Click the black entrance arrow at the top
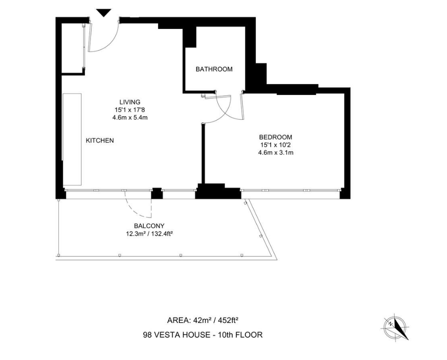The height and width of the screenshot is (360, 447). click(104, 13)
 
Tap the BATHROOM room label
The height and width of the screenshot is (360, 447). click(214, 69)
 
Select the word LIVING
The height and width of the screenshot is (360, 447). click(130, 102)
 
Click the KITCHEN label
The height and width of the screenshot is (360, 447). click(100, 141)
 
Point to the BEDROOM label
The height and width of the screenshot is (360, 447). click(275, 137)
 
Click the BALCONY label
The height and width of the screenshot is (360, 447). click(149, 226)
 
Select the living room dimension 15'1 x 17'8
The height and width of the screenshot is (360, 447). click(130, 109)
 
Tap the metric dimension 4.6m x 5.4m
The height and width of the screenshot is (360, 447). click(130, 117)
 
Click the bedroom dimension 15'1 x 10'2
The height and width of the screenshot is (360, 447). click(275, 145)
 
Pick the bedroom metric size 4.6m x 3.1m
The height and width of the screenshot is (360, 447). click(275, 152)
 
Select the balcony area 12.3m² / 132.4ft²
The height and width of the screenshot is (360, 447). click(149, 234)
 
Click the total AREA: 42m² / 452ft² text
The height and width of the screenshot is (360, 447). click(202, 321)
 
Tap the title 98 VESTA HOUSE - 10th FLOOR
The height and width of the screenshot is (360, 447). click(202, 335)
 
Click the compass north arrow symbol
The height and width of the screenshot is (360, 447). click(396, 326)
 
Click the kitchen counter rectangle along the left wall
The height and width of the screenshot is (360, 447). click(72, 139)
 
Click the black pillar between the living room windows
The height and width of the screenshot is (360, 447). click(156, 194)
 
